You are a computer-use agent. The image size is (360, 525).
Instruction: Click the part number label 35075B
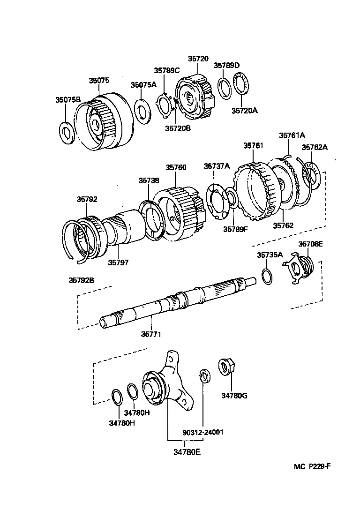click(68, 99)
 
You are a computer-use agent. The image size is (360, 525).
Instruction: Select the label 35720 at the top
click(198, 59)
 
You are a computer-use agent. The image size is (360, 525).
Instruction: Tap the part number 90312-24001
click(203, 432)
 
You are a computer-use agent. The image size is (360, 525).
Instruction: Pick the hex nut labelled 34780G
click(227, 367)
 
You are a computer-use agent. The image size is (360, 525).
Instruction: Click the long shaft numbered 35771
click(178, 300)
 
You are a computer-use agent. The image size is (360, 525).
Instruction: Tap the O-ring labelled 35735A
click(266, 277)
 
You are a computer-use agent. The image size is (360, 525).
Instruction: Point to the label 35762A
click(314, 147)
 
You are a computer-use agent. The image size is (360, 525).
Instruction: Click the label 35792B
click(82, 281)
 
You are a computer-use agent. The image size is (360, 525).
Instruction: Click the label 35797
click(118, 262)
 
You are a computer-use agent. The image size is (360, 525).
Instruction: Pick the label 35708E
click(311, 244)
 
